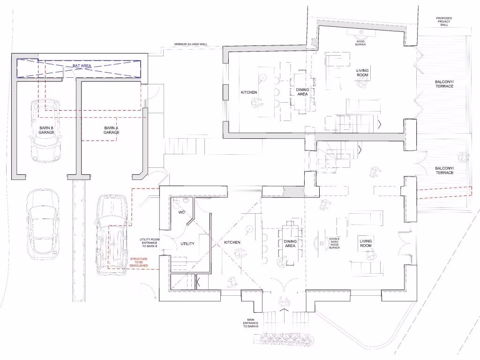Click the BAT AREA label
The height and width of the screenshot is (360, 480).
click(82, 66)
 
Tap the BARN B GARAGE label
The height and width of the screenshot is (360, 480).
click(46, 130)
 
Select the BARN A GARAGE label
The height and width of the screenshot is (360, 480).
click(112, 130)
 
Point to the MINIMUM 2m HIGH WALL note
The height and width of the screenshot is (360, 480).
click(191, 45)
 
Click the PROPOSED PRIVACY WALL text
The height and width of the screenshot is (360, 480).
click(444, 22)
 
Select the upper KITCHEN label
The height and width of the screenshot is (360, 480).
click(249, 92)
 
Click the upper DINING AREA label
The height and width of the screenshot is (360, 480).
click(302, 92)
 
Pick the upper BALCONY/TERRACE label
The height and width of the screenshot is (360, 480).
click(444, 84)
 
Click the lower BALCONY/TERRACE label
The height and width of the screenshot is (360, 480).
click(444, 171)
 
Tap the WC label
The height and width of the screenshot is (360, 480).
click(182, 212)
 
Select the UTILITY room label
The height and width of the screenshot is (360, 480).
click(187, 244)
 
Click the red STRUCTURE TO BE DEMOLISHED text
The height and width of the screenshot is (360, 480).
click(139, 262)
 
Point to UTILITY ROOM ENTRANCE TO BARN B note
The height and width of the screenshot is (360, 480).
click(149, 243)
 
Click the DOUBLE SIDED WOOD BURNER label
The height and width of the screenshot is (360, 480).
click(334, 243)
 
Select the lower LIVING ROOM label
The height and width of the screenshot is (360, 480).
click(366, 244)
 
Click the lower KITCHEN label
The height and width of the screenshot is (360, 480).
click(232, 242)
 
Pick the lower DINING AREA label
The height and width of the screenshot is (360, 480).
click(290, 244)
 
